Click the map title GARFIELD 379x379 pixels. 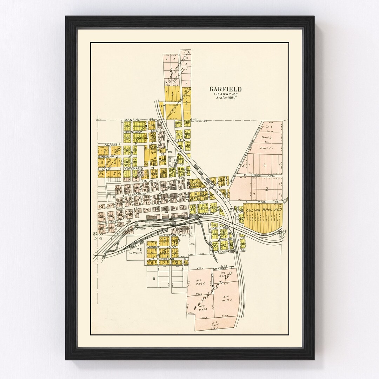point(225,89)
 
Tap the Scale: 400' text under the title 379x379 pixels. point(225,98)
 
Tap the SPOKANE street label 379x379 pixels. point(134,168)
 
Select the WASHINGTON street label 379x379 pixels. point(224,252)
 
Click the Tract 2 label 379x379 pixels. point(266,138)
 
